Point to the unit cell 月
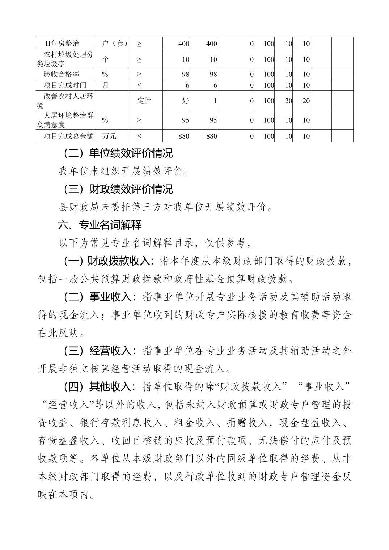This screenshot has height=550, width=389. pyautogui.click(x=105, y=85)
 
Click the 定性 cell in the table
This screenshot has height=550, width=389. pyautogui.click(x=144, y=101)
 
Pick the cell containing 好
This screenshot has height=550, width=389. pyautogui.click(x=186, y=101)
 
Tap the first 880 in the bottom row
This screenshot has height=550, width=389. pyautogui.click(x=183, y=136)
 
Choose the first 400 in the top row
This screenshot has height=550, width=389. pyautogui.click(x=184, y=43)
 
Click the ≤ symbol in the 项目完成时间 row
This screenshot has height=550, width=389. pyautogui.click(x=139, y=85)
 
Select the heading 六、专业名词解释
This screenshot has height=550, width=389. pyautogui.click(x=100, y=225)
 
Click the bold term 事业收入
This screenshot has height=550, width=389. pyautogui.click(x=110, y=297)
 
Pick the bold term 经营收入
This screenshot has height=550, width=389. pyautogui.click(x=110, y=351)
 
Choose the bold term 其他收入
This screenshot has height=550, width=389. pyautogui.click(x=110, y=387)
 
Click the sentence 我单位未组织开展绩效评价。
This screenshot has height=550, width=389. pyautogui.click(x=124, y=171)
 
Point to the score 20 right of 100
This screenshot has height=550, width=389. pyautogui.click(x=288, y=101)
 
